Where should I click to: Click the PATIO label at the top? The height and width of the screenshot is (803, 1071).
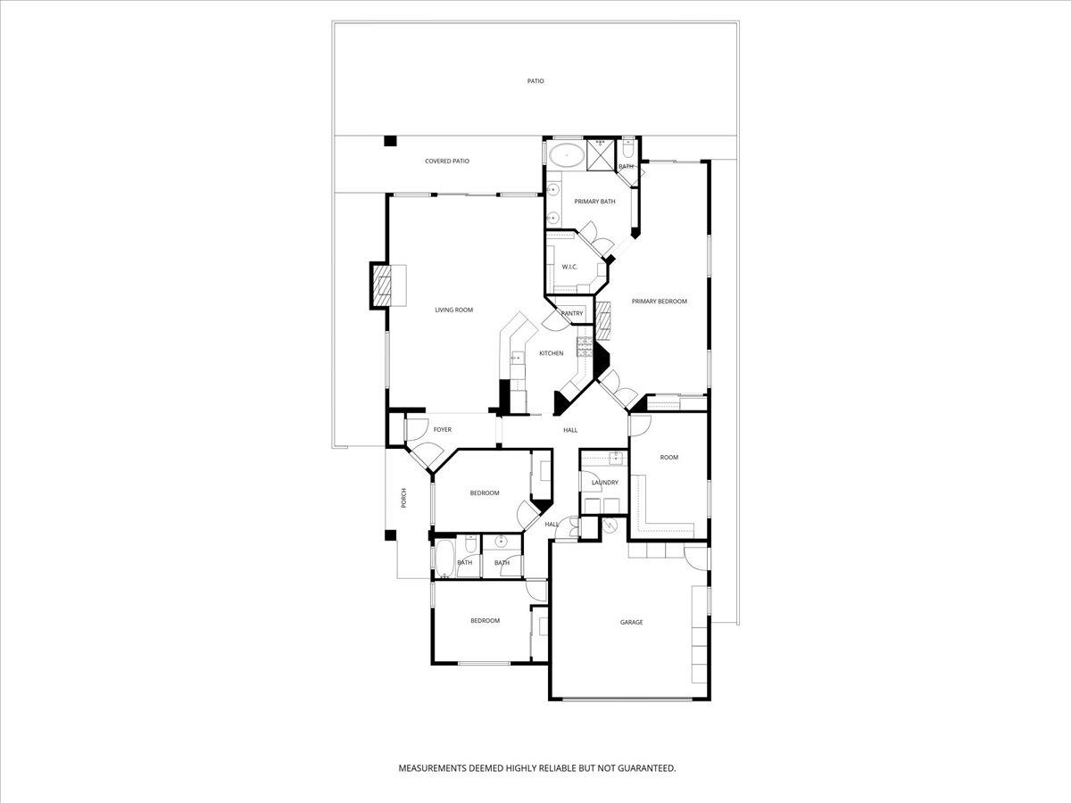pyautogui.click(x=535, y=81)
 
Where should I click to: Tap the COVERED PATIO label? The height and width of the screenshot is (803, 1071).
pyautogui.click(x=446, y=161)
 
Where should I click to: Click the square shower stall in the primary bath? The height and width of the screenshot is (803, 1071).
pyautogui.click(x=600, y=154)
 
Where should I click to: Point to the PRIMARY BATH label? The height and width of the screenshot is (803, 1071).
pyautogui.click(x=594, y=202)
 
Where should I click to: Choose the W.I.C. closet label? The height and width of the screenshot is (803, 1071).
pyautogui.click(x=569, y=267)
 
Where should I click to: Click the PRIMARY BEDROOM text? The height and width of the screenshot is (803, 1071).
pyautogui.click(x=660, y=302)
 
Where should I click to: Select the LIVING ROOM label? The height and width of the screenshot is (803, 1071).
pyautogui.click(x=453, y=310)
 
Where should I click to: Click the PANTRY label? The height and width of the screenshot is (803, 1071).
pyautogui.click(x=571, y=313)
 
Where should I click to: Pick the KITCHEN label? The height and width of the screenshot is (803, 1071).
pyautogui.click(x=551, y=353)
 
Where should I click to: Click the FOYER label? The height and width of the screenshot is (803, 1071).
pyautogui.click(x=442, y=430)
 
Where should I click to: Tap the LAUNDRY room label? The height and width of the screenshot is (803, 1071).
pyautogui.click(x=604, y=483)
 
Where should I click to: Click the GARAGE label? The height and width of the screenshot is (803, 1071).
pyautogui.click(x=631, y=622)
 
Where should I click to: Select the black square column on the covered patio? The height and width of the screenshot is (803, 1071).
pyautogui.click(x=390, y=141)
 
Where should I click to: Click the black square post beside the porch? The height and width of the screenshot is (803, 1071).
pyautogui.click(x=390, y=535)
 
